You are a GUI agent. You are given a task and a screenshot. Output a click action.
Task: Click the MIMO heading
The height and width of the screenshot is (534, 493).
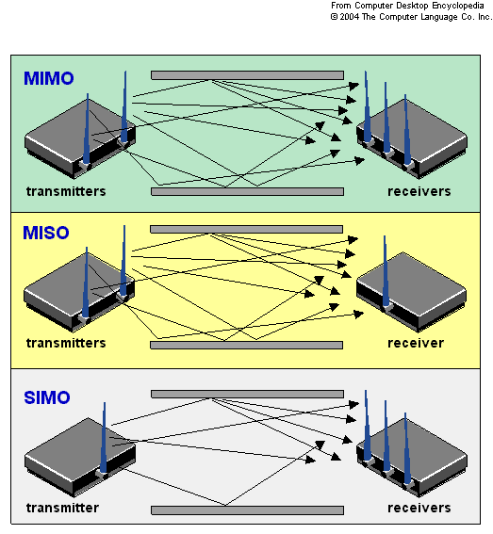[x=49, y=78]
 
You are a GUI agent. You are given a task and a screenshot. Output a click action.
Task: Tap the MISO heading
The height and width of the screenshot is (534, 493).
[x=46, y=233]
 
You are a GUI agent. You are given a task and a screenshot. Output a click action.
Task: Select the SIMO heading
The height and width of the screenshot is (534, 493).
[x=47, y=397]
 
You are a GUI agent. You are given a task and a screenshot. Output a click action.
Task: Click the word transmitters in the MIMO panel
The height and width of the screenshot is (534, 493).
[x=66, y=191]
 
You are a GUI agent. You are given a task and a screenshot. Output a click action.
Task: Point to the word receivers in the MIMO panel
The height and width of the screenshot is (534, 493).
[x=419, y=191]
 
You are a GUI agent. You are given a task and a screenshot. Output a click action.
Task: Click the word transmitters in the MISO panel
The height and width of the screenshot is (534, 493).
[x=66, y=343]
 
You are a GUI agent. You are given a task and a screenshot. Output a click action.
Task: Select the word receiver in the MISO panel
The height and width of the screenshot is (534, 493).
[x=416, y=343]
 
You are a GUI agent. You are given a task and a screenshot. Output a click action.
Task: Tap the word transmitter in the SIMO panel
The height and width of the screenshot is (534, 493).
[x=63, y=508]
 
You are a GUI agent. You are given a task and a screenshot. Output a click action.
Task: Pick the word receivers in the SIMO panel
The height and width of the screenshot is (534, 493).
[x=419, y=508]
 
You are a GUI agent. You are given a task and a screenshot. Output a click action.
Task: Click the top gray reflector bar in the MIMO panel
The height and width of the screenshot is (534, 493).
[x=248, y=75]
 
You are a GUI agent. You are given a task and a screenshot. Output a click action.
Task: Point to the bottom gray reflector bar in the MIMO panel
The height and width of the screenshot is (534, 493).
[x=248, y=191]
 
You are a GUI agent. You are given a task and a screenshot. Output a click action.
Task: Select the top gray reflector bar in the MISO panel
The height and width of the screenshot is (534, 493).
[x=247, y=229]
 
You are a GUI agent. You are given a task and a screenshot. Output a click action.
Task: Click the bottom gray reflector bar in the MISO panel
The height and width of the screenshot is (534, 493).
[x=247, y=345]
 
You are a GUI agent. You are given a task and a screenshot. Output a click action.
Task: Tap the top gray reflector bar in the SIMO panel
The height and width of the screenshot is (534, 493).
[x=248, y=394]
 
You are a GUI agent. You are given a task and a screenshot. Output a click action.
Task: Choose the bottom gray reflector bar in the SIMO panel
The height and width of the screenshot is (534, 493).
[x=248, y=510]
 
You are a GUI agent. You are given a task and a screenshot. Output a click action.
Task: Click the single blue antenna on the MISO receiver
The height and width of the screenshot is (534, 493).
[x=386, y=271]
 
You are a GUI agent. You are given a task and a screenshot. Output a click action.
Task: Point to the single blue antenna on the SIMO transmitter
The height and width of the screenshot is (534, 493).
[x=104, y=438]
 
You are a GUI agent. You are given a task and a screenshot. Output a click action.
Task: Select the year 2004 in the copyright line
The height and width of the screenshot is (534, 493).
[x=349, y=17]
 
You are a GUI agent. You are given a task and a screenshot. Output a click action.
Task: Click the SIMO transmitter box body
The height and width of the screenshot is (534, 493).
[x=80, y=457]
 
